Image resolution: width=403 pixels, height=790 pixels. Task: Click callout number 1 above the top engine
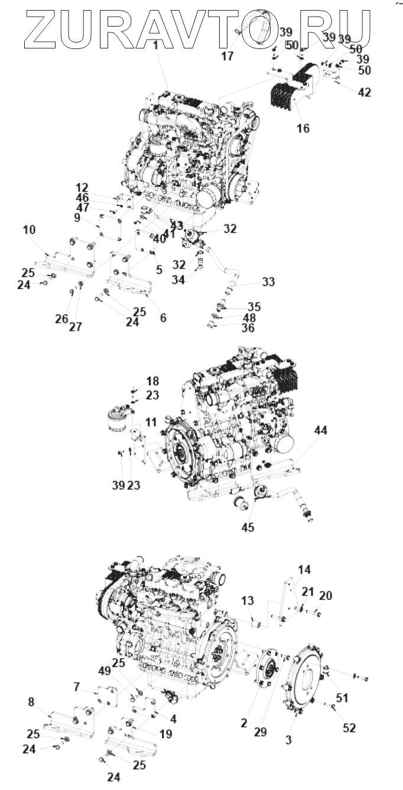point(155,45)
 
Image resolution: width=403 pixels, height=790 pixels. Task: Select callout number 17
point(227,56)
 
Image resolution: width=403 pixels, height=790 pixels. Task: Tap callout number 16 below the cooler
point(303,128)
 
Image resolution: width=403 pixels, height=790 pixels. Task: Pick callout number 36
point(248,327)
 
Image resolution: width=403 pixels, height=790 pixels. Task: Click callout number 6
point(162,317)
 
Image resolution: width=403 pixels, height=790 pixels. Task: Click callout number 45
point(248,527)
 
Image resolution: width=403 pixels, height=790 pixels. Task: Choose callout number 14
point(304,570)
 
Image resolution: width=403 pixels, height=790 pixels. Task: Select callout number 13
point(248,600)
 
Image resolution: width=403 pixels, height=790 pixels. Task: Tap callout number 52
point(349,727)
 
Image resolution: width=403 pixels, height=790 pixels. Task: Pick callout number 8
point(31,702)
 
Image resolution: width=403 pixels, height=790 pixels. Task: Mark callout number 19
point(165,734)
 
